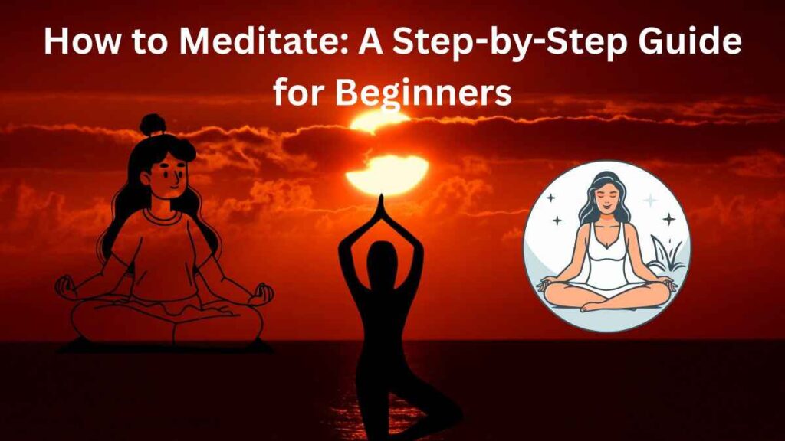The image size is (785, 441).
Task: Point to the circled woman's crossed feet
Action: (x=606, y=305)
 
